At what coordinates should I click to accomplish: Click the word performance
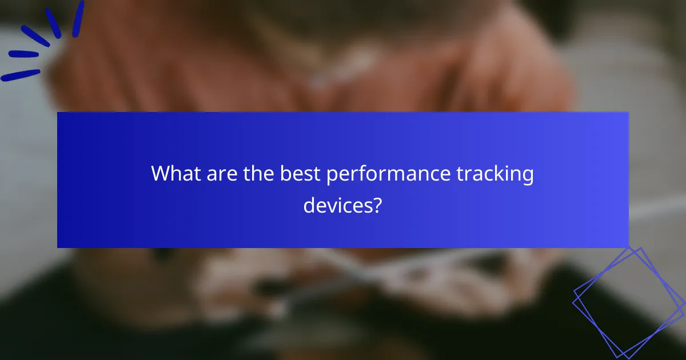[x=388, y=175]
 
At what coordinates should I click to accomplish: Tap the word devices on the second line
[x=337, y=204]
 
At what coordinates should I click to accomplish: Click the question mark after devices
[x=377, y=204]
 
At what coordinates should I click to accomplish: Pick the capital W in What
[x=161, y=174]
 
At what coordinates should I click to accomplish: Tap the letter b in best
[x=285, y=174]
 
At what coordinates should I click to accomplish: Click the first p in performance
[x=333, y=177]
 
